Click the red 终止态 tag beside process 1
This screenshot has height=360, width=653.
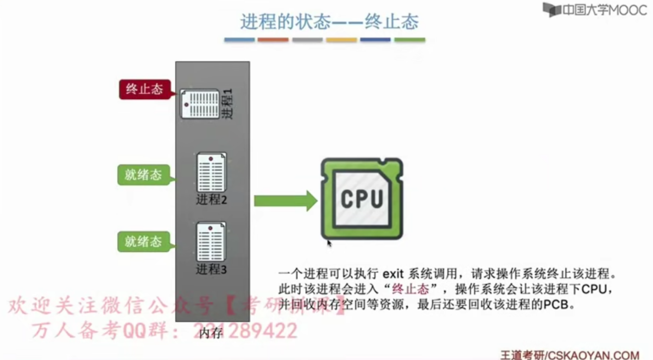tap(145, 89)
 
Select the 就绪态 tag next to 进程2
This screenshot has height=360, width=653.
tap(143, 175)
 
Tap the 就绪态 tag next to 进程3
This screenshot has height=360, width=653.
tap(143, 241)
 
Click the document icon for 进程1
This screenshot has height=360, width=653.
tap(200, 104)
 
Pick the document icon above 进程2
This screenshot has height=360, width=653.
tap(211, 172)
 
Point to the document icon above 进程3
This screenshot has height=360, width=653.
tap(211, 241)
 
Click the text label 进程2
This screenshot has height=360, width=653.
tap(211, 200)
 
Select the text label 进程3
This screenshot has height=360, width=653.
tap(211, 269)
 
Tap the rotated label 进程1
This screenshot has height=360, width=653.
tap(228, 103)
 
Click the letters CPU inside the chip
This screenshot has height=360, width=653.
tap(362, 199)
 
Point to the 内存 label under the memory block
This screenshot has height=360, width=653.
tap(211, 333)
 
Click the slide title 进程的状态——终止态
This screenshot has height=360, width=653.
tap(329, 21)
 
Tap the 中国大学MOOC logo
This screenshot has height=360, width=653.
tap(595, 10)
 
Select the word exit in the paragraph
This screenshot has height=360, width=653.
tap(393, 274)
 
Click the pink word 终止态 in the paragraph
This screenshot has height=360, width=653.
tap(410, 289)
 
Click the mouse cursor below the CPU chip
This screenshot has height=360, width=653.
tap(329, 243)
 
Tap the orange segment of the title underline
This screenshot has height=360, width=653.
tap(273, 40)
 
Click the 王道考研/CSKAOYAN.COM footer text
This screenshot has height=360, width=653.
tap(569, 355)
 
